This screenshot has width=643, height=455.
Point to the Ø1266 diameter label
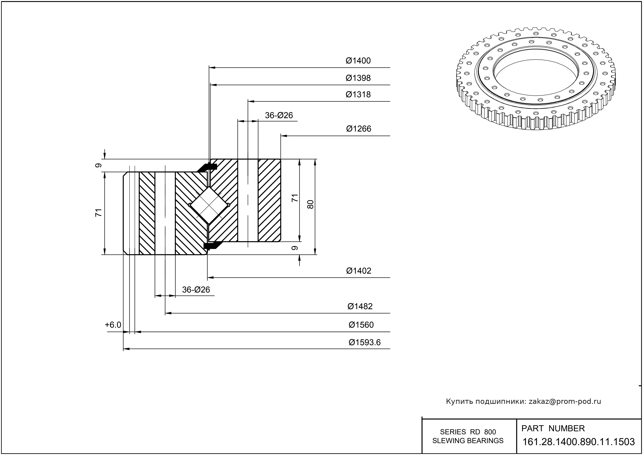[x=359, y=129]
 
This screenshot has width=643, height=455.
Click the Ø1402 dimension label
[x=359, y=271]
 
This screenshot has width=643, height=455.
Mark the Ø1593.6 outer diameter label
[x=364, y=342]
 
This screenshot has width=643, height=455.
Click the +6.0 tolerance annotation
[x=113, y=325]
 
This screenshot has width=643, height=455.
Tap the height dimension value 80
[x=310, y=204]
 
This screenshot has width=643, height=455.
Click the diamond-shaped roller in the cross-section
[x=209, y=205]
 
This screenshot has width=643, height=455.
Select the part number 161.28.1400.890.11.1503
[x=579, y=442]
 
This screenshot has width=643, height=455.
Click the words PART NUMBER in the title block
[x=553, y=428]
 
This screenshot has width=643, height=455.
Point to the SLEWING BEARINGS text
[x=468, y=441]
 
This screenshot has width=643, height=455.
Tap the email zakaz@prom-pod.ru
[x=565, y=401]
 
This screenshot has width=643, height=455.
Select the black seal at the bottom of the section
[x=212, y=246]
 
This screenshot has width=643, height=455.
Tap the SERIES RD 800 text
[x=468, y=432]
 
